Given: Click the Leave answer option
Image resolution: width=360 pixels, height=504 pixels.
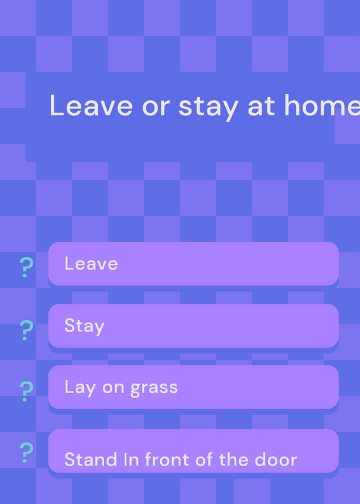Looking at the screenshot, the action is pyautogui.click(x=194, y=263).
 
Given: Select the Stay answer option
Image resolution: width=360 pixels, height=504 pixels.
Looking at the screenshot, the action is pyautogui.click(x=194, y=326).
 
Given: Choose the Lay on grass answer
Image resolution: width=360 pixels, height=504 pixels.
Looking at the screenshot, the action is pyautogui.click(x=194, y=387).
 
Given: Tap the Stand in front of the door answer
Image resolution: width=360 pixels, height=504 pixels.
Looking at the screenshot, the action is pyautogui.click(x=194, y=451).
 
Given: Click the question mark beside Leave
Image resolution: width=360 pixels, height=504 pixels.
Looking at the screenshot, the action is pyautogui.click(x=26, y=267).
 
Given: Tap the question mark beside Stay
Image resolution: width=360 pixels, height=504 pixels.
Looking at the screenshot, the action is pyautogui.click(x=26, y=330).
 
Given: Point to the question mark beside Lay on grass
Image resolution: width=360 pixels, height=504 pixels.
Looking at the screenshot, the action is pyautogui.click(x=26, y=391).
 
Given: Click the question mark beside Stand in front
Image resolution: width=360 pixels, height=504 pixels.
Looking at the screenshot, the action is pyautogui.click(x=26, y=452).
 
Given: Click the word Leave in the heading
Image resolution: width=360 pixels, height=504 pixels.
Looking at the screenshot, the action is pyautogui.click(x=91, y=105).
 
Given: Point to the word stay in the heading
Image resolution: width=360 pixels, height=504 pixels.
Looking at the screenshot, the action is pyautogui.click(x=209, y=107).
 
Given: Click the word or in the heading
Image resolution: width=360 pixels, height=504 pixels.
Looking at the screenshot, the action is pyautogui.click(x=156, y=108).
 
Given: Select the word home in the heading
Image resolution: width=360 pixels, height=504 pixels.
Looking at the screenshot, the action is pyautogui.click(x=322, y=105).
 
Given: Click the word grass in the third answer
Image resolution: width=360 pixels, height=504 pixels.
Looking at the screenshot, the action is pyautogui.click(x=154, y=388).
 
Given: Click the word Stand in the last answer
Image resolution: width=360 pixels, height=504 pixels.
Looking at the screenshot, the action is pyautogui.click(x=91, y=460).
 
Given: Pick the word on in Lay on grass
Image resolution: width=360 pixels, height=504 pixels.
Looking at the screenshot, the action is pyautogui.click(x=113, y=388).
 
